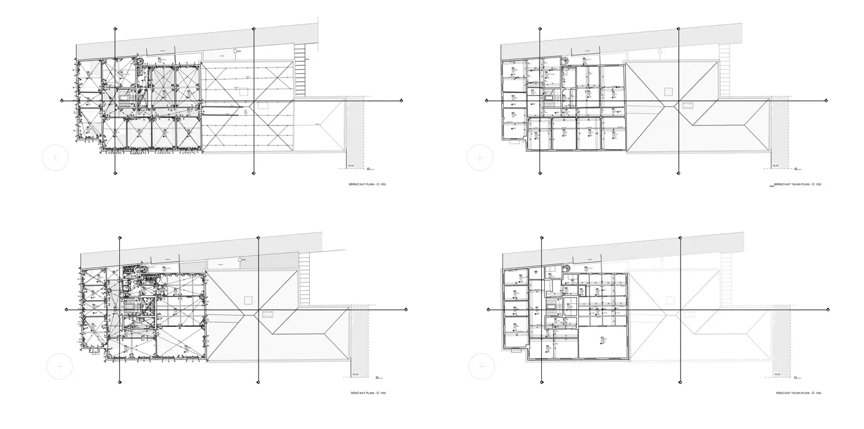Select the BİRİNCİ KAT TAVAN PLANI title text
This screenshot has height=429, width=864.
[797, 184]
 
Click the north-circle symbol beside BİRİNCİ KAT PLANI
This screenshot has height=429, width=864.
[56, 158]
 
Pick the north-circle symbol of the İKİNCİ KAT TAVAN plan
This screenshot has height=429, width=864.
[483, 367]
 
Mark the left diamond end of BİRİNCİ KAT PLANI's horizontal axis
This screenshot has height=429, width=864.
[62, 100]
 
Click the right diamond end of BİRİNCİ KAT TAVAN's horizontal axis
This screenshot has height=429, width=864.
[828, 100]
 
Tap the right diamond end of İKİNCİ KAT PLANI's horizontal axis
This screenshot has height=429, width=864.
[405, 309]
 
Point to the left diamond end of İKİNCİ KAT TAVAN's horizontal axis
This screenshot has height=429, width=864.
[489, 309]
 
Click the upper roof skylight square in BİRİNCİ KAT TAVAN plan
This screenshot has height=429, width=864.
[668, 91]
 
